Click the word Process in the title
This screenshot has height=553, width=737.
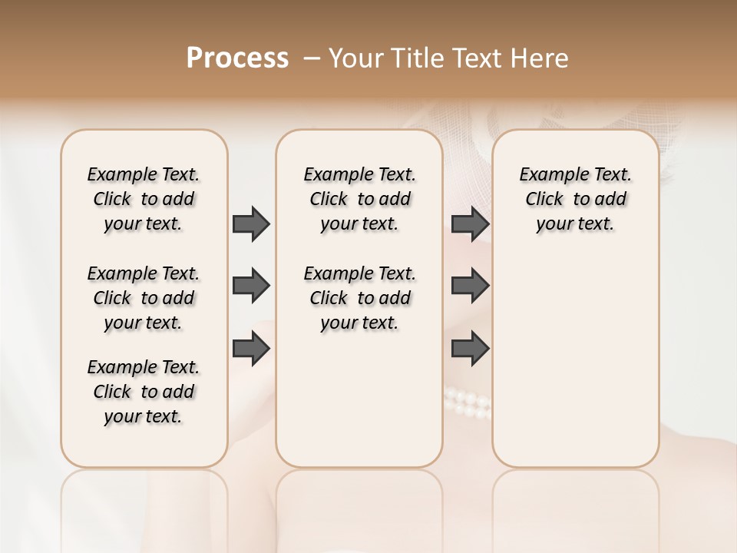coord(237,58)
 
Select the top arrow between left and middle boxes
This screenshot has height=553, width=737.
coord(251,224)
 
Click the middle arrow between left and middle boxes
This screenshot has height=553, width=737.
coord(251,286)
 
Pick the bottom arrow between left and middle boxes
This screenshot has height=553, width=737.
coord(251,349)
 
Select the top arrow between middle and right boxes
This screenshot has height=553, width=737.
coord(470,224)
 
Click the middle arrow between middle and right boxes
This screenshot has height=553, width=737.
coord(470,286)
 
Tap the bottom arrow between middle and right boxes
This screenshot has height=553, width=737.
coord(470,349)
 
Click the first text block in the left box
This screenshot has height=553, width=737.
coord(144,199)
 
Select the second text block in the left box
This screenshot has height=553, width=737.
coord(144,298)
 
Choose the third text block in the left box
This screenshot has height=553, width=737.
coord(144,392)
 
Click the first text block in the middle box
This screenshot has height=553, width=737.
coord(359,199)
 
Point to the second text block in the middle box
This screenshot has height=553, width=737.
coord(359,298)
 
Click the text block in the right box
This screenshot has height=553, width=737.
coord(575,199)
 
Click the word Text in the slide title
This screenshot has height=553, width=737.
coord(478,58)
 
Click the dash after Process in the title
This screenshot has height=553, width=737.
coord(311,58)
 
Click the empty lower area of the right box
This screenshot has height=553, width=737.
coord(575,369)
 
